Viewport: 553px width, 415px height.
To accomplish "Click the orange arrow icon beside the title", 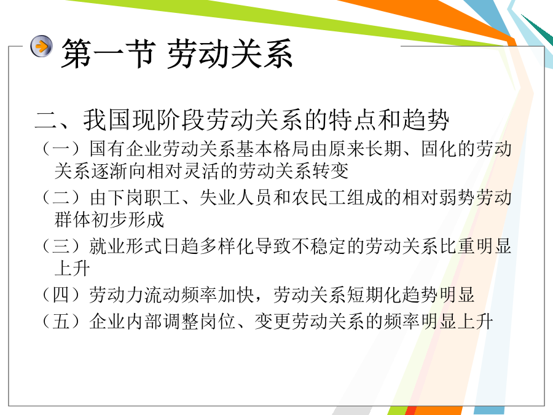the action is tap(41, 46).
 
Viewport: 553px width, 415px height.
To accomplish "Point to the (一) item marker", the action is tap(61, 148).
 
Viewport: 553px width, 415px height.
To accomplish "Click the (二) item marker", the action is tap(61, 197).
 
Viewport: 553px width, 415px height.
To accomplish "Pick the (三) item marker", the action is tap(61, 246).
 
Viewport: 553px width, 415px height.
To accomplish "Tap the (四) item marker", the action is tap(61, 294).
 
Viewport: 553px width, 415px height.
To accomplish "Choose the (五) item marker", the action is tap(61, 322).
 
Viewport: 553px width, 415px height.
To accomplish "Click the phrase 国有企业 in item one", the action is tap(126, 148).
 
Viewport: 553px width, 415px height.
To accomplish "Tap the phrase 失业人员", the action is tap(237, 197).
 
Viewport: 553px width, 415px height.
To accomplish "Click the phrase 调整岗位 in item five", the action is tap(200, 322).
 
